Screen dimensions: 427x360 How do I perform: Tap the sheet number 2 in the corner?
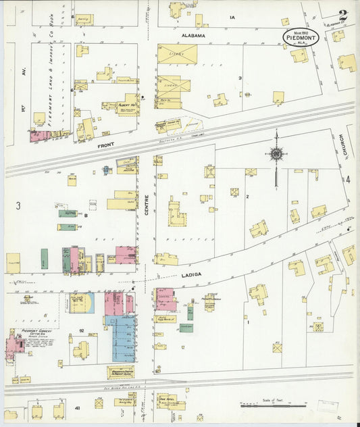coord(344,15)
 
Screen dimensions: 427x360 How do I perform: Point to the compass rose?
coord(276,153)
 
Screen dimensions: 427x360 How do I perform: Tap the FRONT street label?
coord(105,145)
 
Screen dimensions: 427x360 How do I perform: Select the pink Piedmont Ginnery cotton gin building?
coord(14,343)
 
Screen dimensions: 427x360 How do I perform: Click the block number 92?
coord(80,330)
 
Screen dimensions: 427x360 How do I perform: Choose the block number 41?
coord(78,408)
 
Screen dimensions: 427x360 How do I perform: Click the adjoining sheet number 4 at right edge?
coord(349,180)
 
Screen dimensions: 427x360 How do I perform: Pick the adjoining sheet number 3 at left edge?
coord(18,204)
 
